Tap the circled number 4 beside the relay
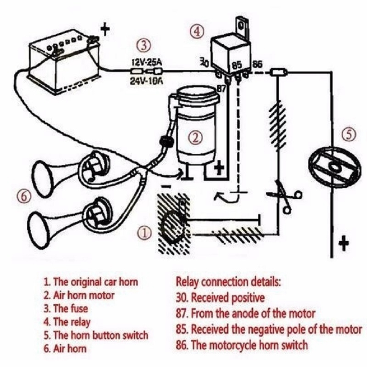tap(198, 32)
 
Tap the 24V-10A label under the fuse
tap(146, 82)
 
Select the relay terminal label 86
tap(258, 65)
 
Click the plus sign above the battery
tap(105, 30)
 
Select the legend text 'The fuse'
tap(70, 308)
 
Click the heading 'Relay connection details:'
tap(228, 282)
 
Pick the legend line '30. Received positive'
tap(220, 297)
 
